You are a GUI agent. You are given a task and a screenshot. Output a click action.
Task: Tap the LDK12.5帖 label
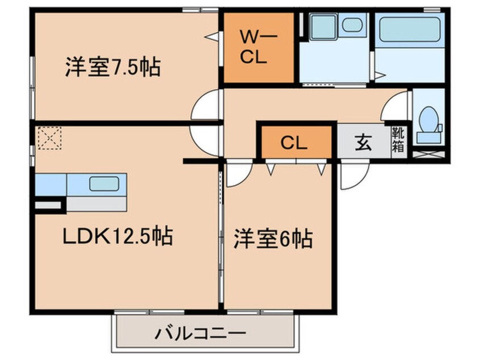click(117, 235)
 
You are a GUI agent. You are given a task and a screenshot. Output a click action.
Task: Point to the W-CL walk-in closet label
click(258, 48)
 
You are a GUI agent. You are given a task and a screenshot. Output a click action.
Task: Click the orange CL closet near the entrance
click(294, 143)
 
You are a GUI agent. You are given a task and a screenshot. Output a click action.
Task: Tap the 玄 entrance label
click(363, 143)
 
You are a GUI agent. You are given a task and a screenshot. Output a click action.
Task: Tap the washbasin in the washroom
click(353, 26)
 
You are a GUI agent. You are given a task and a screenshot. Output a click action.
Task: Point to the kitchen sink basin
click(104, 184)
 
